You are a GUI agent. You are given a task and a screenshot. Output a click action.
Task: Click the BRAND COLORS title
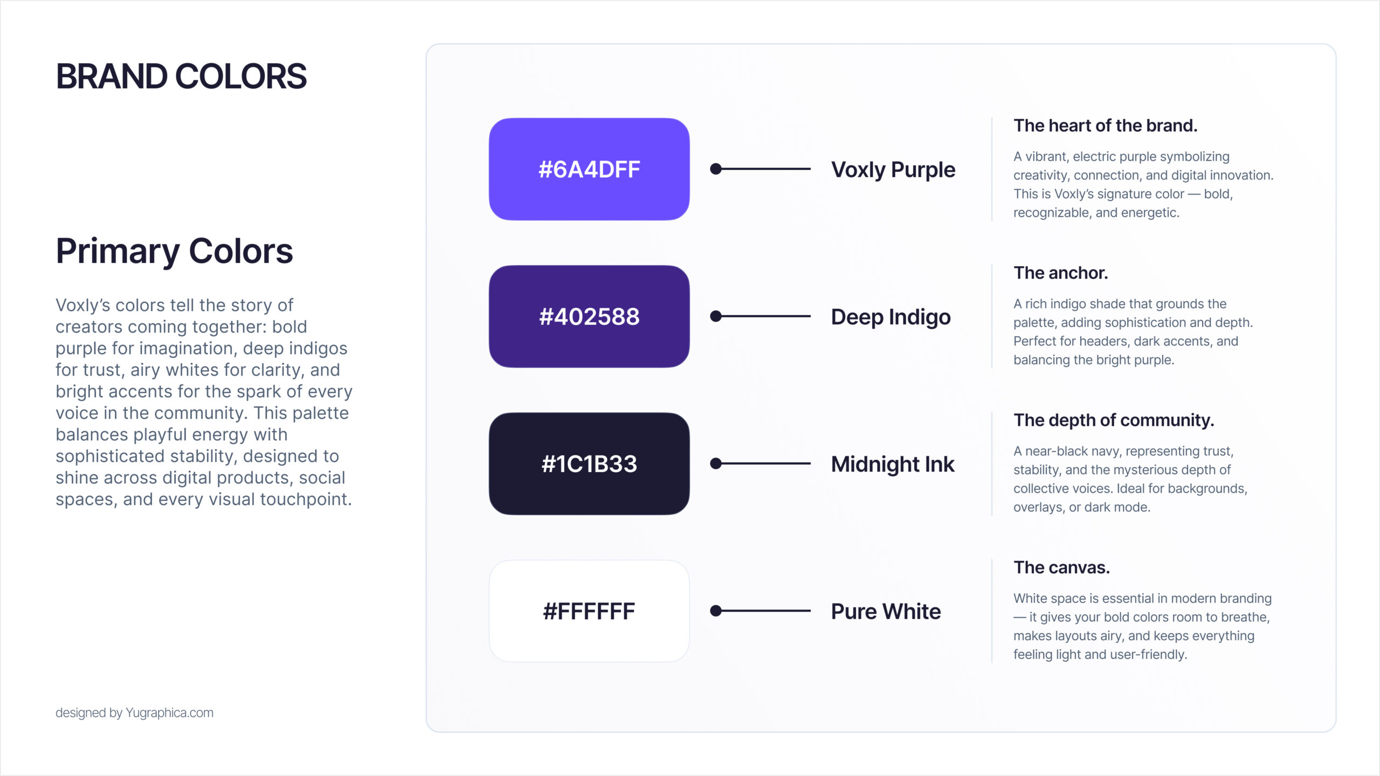(181, 76)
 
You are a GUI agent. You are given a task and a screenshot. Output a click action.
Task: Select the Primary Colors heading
(174, 252)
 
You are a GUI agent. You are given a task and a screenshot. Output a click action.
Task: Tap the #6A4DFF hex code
(589, 169)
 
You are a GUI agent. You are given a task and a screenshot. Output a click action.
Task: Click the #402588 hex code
(589, 316)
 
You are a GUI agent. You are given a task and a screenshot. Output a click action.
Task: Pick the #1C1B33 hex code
(589, 464)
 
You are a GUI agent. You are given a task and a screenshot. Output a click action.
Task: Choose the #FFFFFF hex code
(589, 611)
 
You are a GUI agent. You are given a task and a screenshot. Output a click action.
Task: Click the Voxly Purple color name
(893, 170)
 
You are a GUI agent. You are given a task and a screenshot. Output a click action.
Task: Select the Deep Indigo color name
(891, 317)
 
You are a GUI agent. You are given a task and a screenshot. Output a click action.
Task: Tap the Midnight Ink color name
(893, 464)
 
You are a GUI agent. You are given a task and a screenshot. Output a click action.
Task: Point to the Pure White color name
(886, 611)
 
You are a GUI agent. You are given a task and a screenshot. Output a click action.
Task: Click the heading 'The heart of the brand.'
(1105, 126)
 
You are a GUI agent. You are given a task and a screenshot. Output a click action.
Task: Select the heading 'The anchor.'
(1060, 273)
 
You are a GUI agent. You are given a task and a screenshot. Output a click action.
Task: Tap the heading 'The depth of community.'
(1114, 420)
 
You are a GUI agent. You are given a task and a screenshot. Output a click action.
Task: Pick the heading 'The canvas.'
(1061, 567)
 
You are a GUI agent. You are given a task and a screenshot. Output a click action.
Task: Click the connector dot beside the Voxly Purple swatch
(716, 169)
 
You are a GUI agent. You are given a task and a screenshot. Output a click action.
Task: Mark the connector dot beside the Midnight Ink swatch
(716, 463)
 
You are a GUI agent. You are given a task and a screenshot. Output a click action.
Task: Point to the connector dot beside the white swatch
(716, 611)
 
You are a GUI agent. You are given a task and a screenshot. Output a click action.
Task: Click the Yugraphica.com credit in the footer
(169, 713)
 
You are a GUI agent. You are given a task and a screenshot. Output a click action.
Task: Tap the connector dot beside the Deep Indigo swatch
(716, 316)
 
